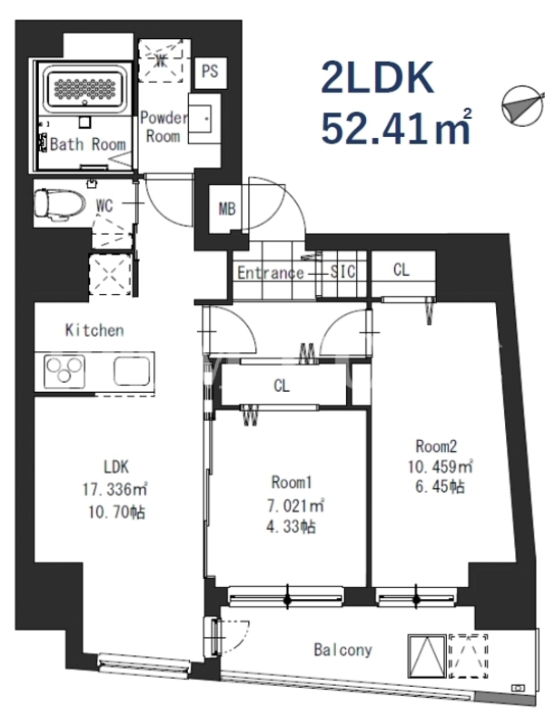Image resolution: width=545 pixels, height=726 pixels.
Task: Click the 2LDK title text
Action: click(378, 78)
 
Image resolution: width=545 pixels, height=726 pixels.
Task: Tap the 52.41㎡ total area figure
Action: click(397, 127)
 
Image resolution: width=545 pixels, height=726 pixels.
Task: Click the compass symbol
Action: click(523, 105)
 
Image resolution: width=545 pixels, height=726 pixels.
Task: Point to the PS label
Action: click(210, 72)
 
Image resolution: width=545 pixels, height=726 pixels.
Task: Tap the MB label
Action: click(227, 209)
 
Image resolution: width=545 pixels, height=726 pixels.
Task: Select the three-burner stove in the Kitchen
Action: click(64, 371)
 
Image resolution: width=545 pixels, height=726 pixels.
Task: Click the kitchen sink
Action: click(132, 370)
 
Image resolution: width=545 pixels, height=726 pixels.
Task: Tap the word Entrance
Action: click(271, 273)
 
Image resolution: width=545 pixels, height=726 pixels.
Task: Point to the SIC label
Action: click(343, 271)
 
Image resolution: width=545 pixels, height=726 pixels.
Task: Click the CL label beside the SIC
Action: click(401, 270)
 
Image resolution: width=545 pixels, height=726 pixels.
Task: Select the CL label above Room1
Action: click(282, 385)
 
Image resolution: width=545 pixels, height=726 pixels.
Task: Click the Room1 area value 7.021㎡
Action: click(294, 505)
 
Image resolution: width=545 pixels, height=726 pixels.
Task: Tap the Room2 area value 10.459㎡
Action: click(441, 466)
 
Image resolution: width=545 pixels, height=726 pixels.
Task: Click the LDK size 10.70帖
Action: click(116, 512)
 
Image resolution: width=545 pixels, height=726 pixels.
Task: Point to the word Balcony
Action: click(343, 650)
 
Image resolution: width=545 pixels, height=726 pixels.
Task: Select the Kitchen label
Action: click(94, 330)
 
